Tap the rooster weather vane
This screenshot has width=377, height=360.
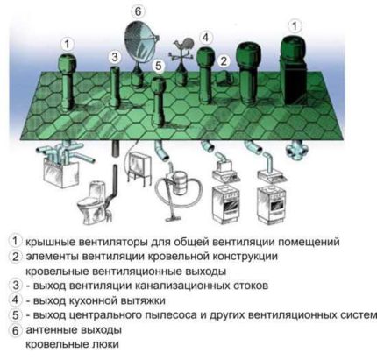(x=182, y=46)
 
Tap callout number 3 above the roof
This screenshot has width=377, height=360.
(x=115, y=57)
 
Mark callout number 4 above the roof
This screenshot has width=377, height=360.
(x=204, y=37)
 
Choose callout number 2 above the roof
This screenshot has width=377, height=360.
(x=224, y=60)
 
